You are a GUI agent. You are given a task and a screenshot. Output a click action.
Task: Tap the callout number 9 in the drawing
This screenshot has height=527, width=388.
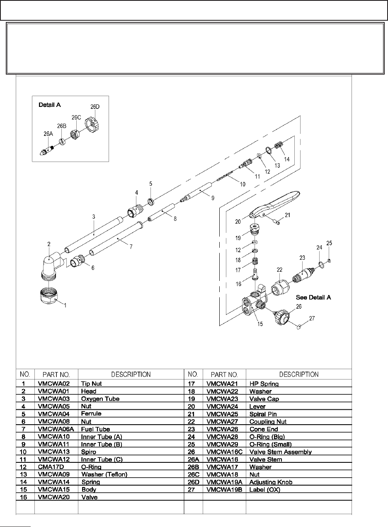(213, 198)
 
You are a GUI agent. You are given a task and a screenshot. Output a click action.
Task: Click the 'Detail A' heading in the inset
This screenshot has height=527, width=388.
(50, 105)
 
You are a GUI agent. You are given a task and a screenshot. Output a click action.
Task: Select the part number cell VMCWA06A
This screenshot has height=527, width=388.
(52, 429)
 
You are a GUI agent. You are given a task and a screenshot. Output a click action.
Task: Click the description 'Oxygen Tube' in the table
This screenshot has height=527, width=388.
(100, 399)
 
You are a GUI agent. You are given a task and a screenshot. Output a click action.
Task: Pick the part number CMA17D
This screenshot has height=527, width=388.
(48, 467)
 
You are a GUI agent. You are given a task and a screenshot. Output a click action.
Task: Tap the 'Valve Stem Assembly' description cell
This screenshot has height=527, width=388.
(280, 452)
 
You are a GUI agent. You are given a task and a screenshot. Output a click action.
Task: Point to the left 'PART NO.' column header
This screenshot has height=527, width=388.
(57, 375)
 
